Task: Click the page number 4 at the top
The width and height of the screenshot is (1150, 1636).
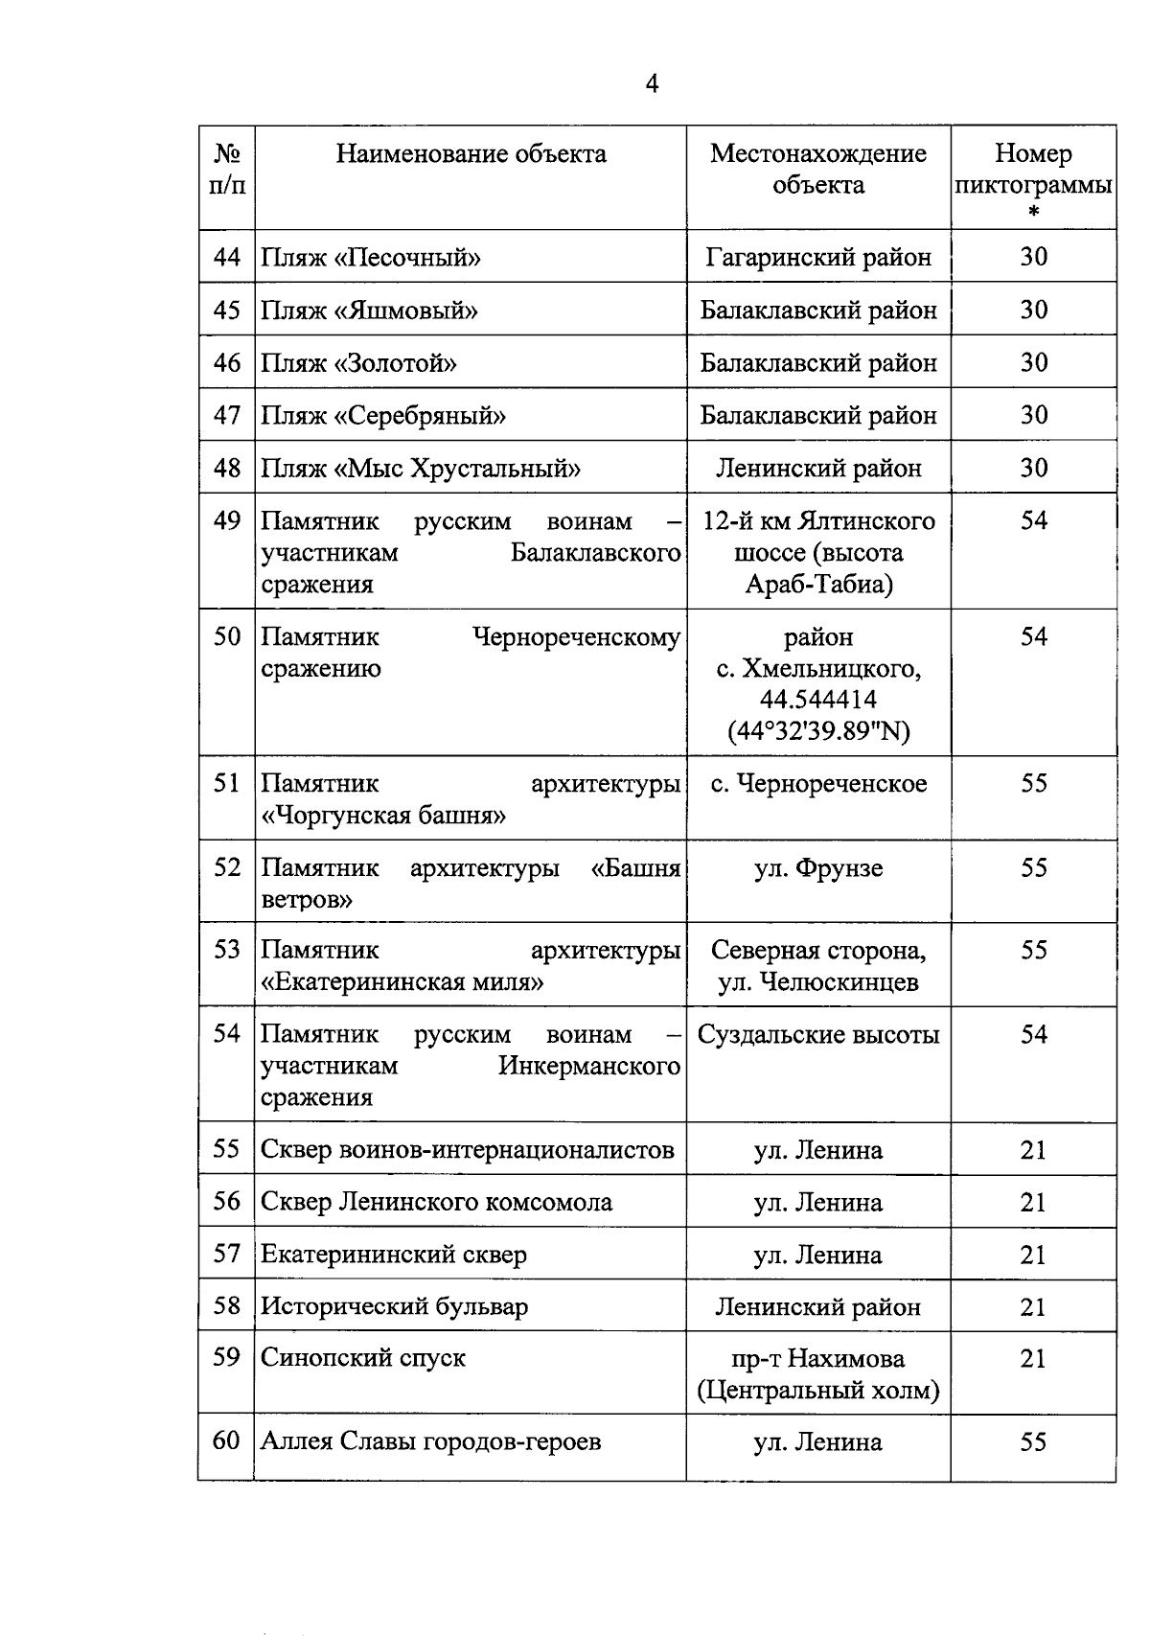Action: pos(652,84)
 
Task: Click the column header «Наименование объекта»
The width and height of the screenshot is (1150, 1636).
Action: pos(471,154)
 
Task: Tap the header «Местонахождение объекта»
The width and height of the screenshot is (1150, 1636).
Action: pos(817,169)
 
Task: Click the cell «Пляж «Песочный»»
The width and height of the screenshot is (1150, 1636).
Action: pos(371,258)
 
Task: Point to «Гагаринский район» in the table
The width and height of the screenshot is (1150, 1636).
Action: pos(817,258)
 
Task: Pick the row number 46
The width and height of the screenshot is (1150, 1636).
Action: pos(227,363)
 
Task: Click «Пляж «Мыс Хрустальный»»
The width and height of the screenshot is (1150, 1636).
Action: pos(421,469)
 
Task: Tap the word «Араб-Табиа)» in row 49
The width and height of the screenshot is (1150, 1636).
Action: pos(817,585)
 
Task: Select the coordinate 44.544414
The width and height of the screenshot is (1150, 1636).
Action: pos(817,700)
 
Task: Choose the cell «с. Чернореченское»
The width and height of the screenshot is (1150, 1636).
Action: pos(817,784)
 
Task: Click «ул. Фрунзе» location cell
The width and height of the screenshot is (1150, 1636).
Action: pos(817,868)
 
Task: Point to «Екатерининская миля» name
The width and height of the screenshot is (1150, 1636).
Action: pos(402,982)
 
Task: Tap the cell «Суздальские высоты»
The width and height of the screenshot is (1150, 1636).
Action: pos(817,1035)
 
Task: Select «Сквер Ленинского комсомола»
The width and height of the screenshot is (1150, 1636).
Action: pos(436,1202)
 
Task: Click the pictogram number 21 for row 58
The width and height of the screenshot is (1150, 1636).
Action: pos(1033,1307)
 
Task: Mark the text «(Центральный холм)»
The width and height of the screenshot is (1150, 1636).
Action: pos(817,1391)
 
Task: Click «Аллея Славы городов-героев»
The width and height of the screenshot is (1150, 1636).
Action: pos(430,1441)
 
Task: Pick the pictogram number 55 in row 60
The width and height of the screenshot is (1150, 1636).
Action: pos(1033,1442)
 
